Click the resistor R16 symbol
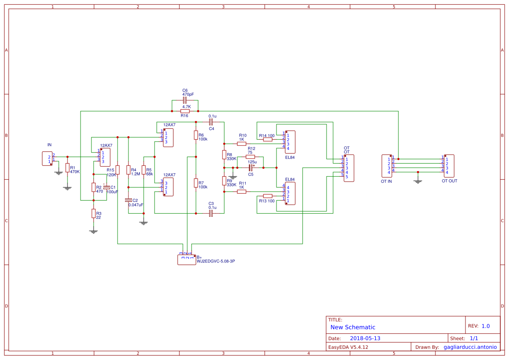click(185, 111)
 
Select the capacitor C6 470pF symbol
click(185, 101)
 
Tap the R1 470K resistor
click(67, 168)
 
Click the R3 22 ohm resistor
click(93, 213)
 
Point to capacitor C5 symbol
click(250, 167)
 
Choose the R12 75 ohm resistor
click(250, 157)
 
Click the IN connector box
click(47, 158)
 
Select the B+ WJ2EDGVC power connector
click(187, 260)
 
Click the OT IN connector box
click(387, 166)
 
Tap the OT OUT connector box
click(449, 166)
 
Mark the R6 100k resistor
click(196, 135)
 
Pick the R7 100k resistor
click(196, 183)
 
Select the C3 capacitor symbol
click(211, 214)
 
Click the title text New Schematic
click(353, 327)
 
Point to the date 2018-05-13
click(365, 338)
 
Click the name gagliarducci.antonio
click(470, 347)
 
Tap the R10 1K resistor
click(242, 143)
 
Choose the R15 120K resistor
click(118, 170)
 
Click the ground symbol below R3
click(93, 232)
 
